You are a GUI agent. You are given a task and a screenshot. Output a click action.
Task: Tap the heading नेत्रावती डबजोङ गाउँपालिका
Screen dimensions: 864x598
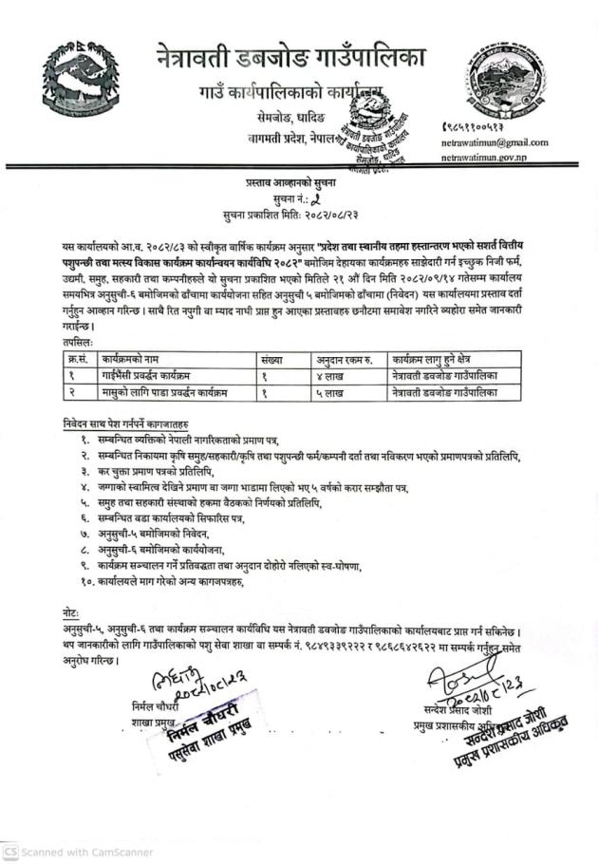pyautogui.click(x=291, y=58)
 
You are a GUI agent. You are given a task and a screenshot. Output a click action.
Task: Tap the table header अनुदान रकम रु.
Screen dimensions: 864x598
pyautogui.click(x=349, y=359)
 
